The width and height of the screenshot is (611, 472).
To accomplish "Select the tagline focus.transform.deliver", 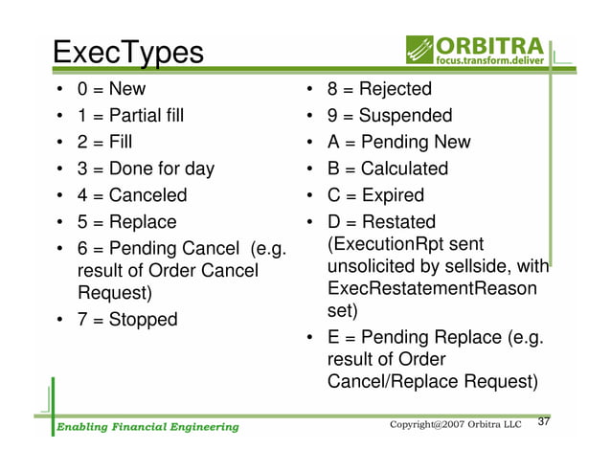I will coord(492,61).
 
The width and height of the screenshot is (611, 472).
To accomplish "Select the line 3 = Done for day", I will coord(146,169).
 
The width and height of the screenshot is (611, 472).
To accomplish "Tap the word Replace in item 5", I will coord(142,222).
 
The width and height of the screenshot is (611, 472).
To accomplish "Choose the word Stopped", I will coord(143,319).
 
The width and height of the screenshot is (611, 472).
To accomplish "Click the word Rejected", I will coord(396,90).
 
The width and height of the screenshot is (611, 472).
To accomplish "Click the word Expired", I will coord(392,195).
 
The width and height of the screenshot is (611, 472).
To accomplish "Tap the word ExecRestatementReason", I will coord(432,289).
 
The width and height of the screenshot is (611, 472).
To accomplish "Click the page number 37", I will coord(547,423).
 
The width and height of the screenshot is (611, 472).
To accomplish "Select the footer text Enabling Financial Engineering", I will coord(146,426).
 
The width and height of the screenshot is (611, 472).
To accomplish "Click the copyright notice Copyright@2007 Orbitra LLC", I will coord(455,424).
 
